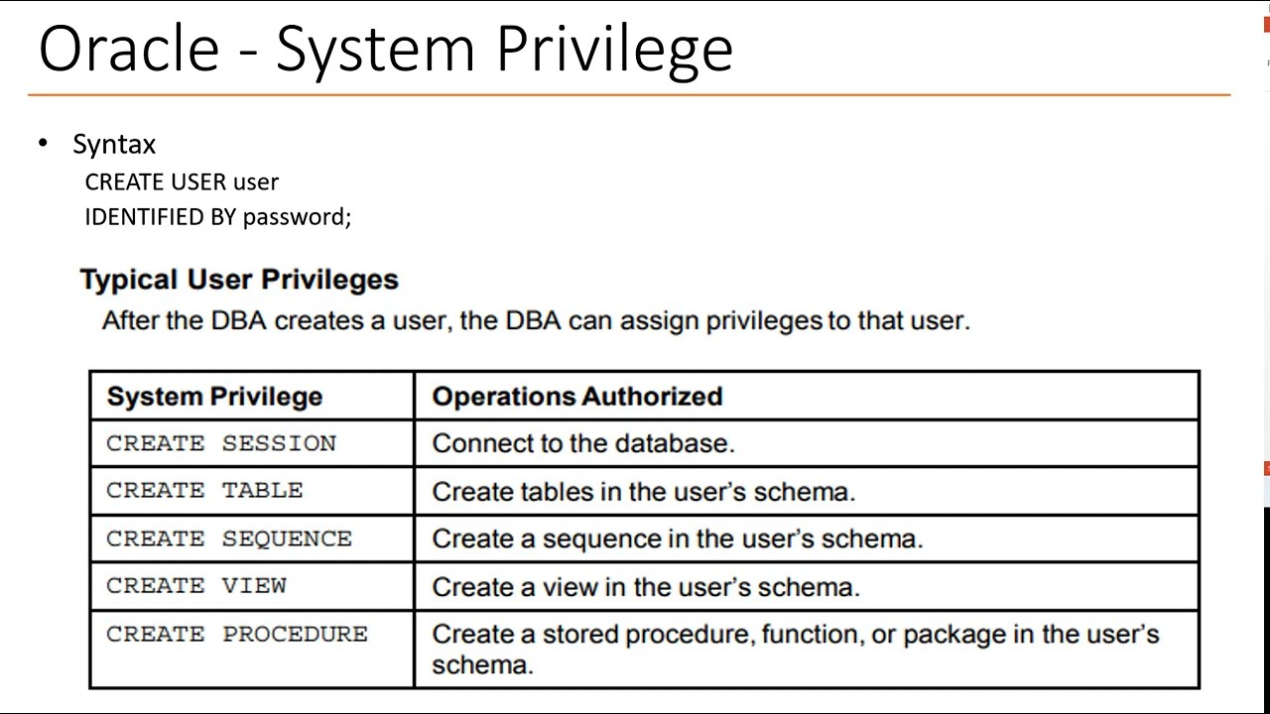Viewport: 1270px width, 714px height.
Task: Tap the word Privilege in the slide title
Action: point(614,50)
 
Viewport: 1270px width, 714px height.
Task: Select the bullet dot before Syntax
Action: point(43,143)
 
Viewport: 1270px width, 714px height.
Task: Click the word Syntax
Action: point(114,145)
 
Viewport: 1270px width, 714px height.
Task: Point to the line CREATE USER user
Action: point(182,181)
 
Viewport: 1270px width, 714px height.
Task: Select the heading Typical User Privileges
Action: point(239,280)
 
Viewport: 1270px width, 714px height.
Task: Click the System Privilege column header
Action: point(214,397)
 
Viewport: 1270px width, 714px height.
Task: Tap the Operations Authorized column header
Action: point(576,397)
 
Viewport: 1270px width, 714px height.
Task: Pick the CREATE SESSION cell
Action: point(221,443)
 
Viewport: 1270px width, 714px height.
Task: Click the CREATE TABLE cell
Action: point(204,490)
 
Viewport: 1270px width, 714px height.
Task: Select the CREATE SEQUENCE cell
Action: point(229,538)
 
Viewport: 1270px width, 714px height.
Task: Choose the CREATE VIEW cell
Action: point(196,586)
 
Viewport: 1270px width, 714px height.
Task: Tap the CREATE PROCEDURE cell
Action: point(237,634)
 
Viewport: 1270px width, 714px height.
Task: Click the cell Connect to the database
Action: point(583,443)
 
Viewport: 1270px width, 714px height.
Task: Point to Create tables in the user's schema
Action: point(643,491)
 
